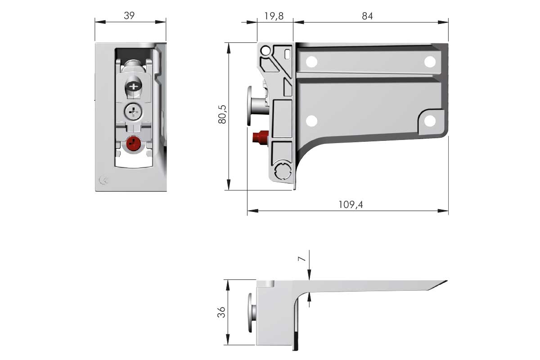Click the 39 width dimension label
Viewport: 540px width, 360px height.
coord(129,16)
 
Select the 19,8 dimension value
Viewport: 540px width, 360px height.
coord(274,16)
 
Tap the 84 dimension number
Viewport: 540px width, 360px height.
coord(367,16)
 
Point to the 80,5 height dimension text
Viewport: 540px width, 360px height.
coord(222,114)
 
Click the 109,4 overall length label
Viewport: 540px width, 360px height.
coord(351,205)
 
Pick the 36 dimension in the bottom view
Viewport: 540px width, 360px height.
coord(221,312)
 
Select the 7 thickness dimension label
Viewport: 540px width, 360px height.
coord(301,259)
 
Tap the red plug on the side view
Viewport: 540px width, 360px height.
coord(260,137)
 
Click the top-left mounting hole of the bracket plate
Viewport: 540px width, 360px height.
coord(311,62)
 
